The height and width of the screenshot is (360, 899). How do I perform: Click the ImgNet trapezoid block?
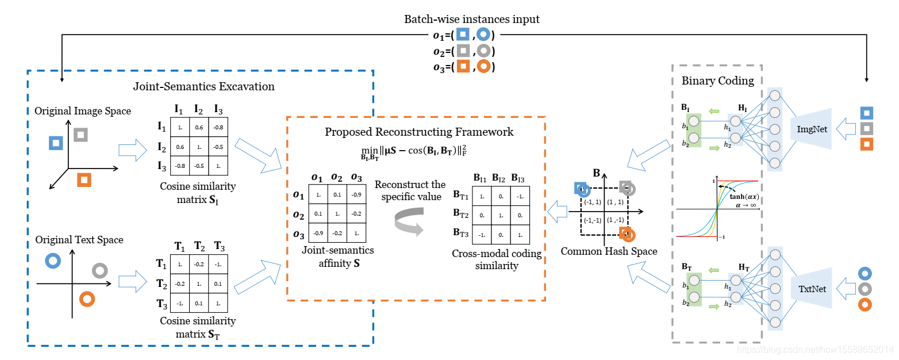812,129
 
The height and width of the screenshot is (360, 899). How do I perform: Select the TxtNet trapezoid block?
812,288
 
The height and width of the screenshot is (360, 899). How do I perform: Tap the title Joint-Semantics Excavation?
203,87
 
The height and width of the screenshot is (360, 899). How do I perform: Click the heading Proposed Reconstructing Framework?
419,132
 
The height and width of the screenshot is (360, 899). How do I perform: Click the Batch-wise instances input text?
472,20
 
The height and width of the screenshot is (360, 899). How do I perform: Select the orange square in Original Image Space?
84,179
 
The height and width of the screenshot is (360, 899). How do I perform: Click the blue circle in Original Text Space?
53,261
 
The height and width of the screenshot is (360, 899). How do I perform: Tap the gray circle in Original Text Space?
99,270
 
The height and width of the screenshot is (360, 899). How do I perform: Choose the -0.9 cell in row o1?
357,196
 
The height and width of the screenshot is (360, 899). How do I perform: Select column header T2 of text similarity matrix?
199,246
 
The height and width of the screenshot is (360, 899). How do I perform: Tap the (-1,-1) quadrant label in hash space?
593,220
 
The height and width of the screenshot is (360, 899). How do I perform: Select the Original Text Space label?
79,239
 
